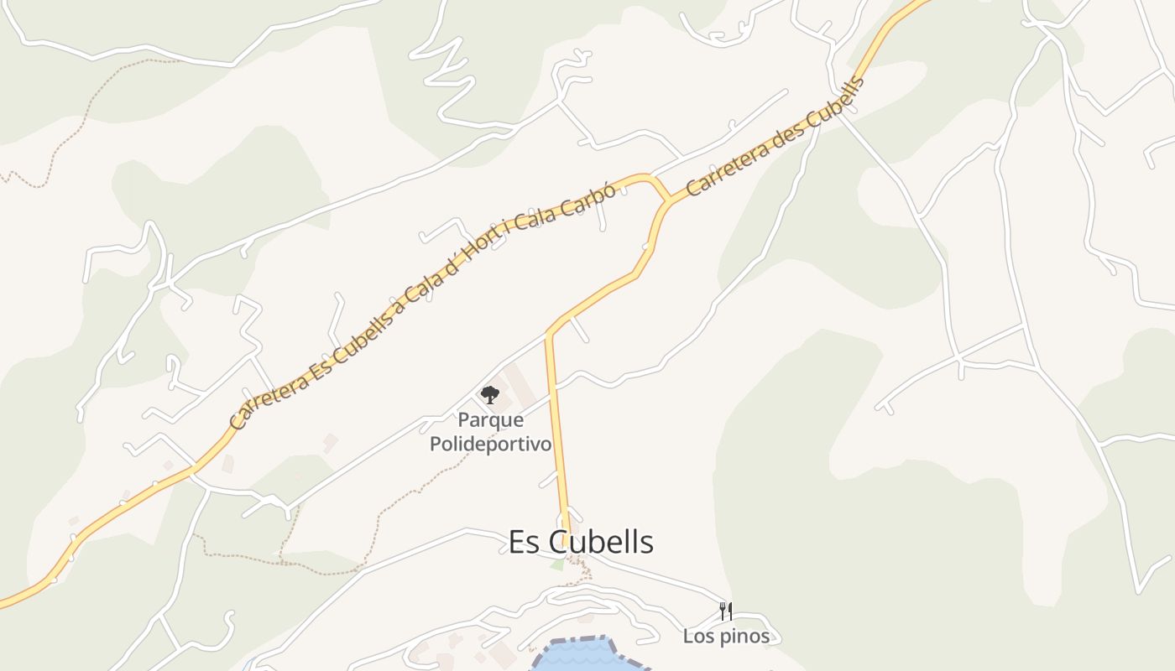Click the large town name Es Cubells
[x=581, y=542]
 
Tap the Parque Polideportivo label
[x=491, y=431]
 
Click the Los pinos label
[x=726, y=637]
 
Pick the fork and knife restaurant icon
[x=726, y=611]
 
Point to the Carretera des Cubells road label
[x=775, y=138]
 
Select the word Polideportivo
[x=491, y=444]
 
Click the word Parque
[x=491, y=419]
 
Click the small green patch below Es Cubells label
[x=557, y=566]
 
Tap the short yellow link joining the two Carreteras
[x=661, y=189]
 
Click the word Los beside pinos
[x=698, y=637]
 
